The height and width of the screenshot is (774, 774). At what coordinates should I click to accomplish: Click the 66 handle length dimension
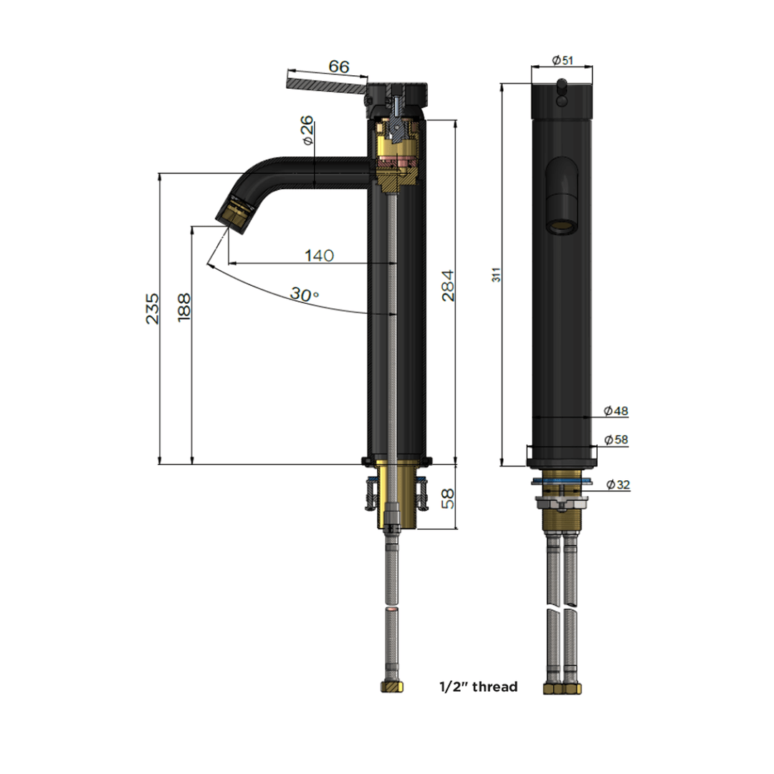click(x=339, y=67)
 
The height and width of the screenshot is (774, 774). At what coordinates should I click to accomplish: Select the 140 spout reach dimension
click(x=319, y=256)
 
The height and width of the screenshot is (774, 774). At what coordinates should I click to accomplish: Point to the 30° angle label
click(x=304, y=294)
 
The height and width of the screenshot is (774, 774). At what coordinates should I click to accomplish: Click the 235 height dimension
click(x=153, y=308)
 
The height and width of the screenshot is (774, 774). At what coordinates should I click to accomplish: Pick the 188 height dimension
click(x=184, y=308)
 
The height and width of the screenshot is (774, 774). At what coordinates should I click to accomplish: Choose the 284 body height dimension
click(x=447, y=285)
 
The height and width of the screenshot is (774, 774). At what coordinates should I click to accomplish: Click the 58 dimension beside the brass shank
click(x=447, y=498)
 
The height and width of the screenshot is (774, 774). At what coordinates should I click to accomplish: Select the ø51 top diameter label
click(x=563, y=61)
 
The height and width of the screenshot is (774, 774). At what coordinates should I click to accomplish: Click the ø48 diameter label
click(x=616, y=411)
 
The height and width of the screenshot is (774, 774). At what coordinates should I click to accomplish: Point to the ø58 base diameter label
click(x=616, y=439)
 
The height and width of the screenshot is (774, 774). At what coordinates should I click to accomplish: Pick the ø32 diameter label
click(x=618, y=484)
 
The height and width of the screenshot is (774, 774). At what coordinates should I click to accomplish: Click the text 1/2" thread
click(x=478, y=687)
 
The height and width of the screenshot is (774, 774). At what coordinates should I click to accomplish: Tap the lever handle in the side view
click(x=326, y=85)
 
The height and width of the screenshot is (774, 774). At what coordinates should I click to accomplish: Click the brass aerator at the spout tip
click(x=236, y=213)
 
